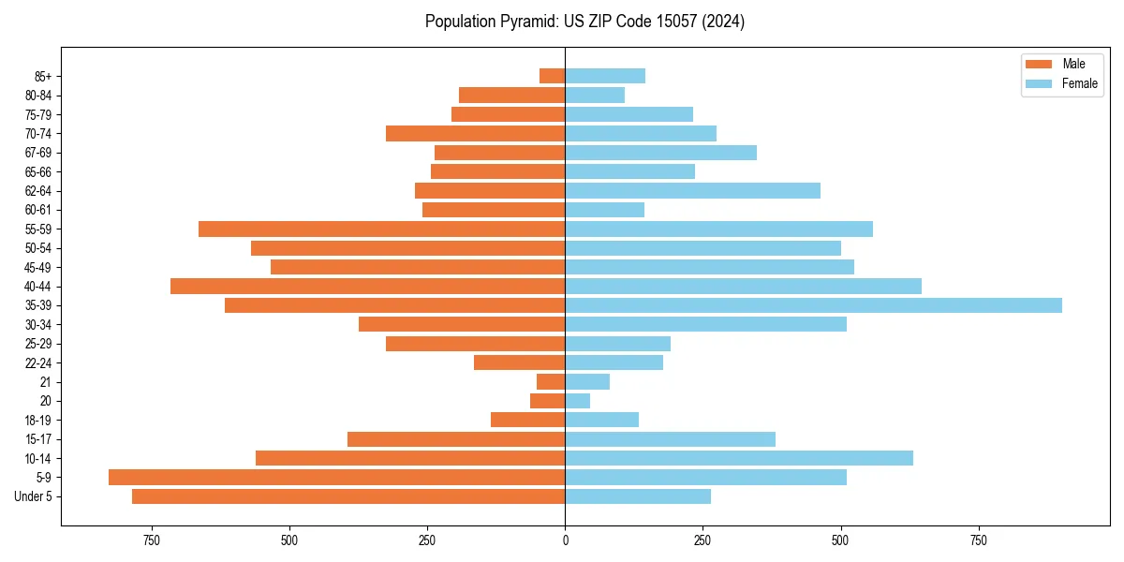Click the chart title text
pyautogui.click(x=584, y=22)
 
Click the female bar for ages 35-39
pyautogui.click(x=813, y=305)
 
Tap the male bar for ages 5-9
pyautogui.click(x=336, y=478)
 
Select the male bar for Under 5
pyautogui.click(x=348, y=496)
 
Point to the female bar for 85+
pyautogui.click(x=605, y=76)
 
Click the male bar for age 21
pyautogui.click(x=551, y=382)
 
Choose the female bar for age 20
pyautogui.click(x=577, y=401)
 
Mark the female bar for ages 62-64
pyautogui.click(x=692, y=191)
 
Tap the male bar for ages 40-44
pyautogui.click(x=367, y=287)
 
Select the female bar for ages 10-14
pyautogui.click(x=739, y=458)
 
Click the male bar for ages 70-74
pyautogui.click(x=475, y=133)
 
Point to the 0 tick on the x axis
pyautogui.click(x=565, y=540)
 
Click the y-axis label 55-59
pyautogui.click(x=38, y=229)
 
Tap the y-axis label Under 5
pyautogui.click(x=34, y=496)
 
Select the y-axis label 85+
pyautogui.click(x=42, y=76)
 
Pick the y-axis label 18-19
pyautogui.click(x=38, y=421)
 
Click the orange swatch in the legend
pyautogui.click(x=1039, y=64)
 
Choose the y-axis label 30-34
pyautogui.click(x=38, y=325)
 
